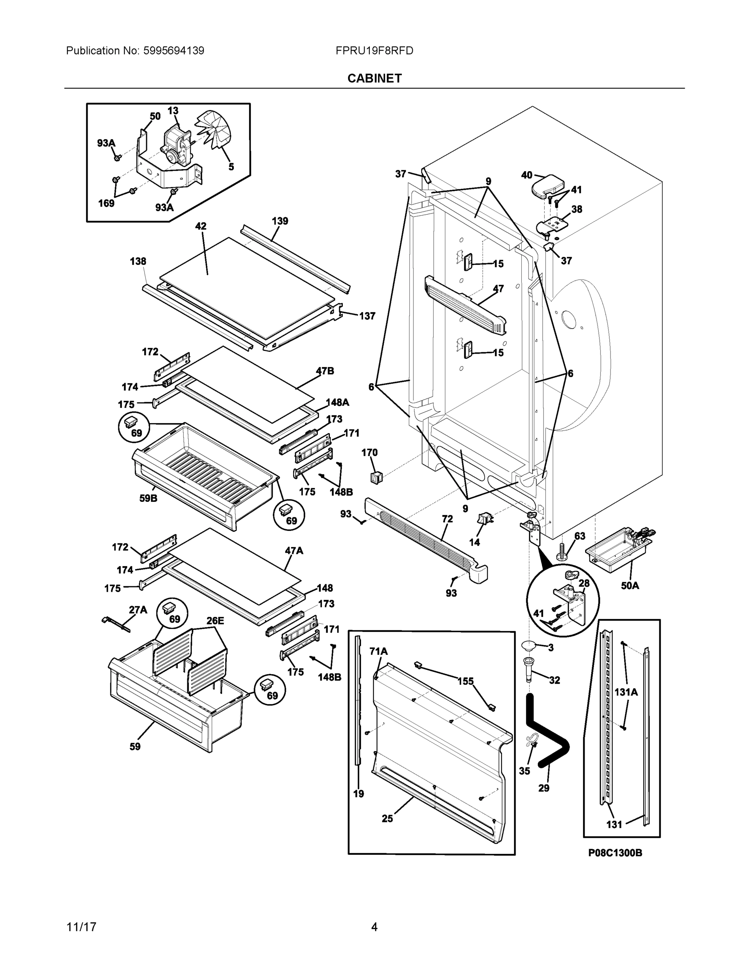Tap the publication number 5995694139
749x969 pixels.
(x=174, y=50)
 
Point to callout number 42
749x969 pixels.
(x=201, y=226)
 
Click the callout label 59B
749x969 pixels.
(x=148, y=498)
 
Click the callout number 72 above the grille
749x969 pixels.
(x=447, y=519)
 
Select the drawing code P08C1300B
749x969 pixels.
(x=615, y=852)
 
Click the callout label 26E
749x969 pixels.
(x=215, y=621)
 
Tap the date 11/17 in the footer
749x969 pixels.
(x=81, y=927)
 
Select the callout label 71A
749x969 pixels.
(x=378, y=651)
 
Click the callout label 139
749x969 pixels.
(x=279, y=220)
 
